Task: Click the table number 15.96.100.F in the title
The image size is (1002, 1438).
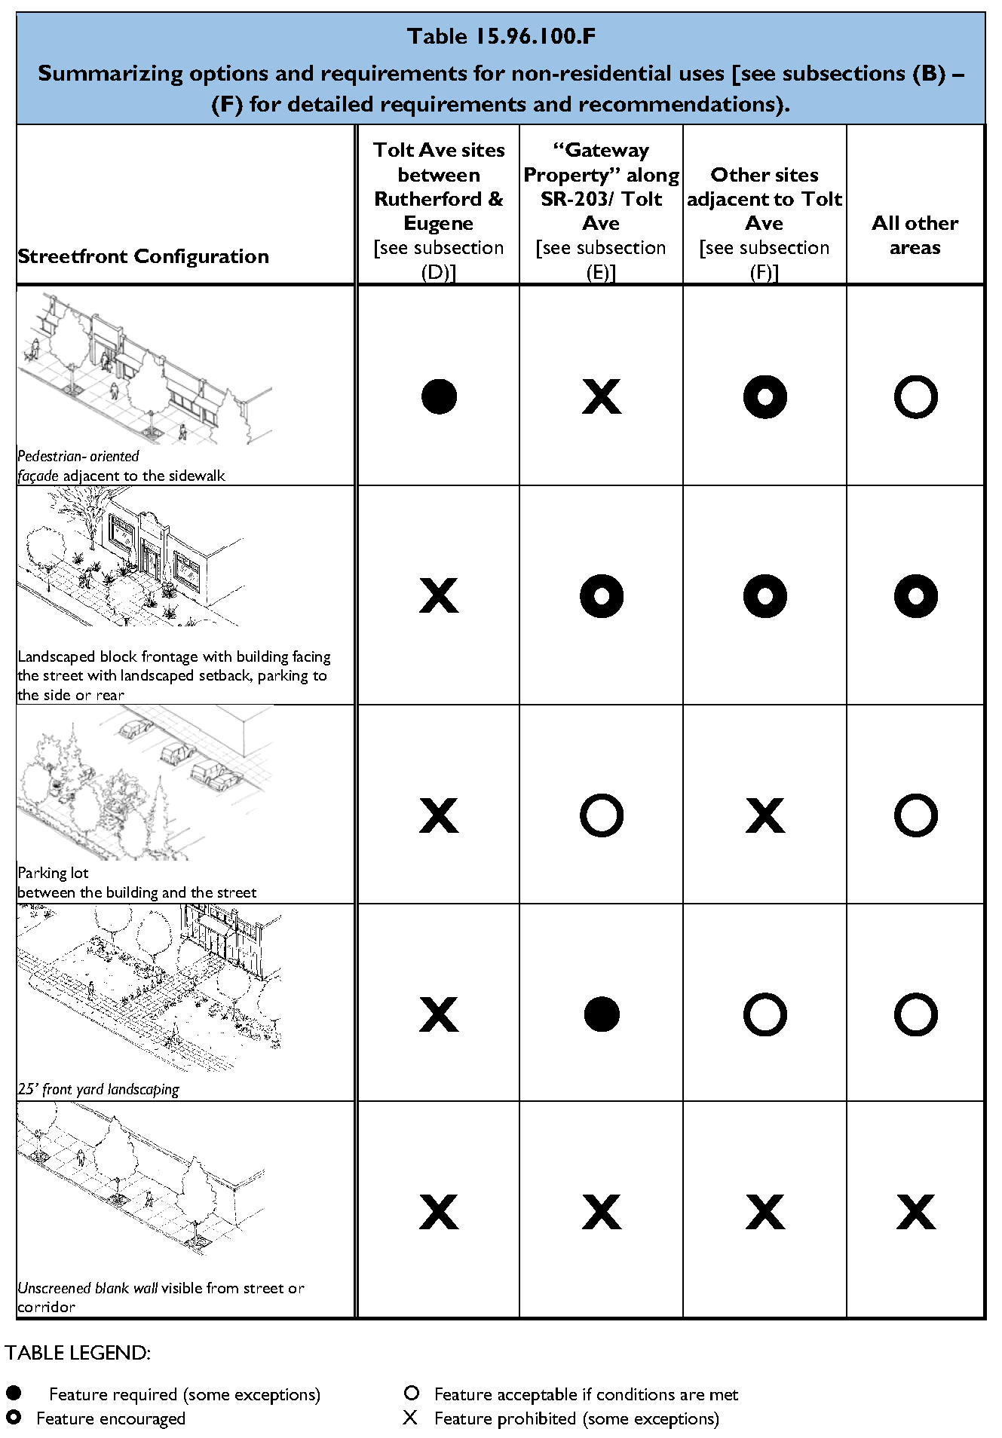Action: point(535,36)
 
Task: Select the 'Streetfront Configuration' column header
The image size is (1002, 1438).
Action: point(143,256)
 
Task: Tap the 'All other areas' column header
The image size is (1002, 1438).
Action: point(915,235)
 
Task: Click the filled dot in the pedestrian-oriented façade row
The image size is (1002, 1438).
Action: point(439,396)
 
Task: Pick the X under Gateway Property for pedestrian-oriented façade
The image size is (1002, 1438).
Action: point(602,396)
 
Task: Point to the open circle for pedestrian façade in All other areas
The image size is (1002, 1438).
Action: point(915,396)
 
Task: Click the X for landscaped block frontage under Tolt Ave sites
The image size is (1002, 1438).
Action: point(439,596)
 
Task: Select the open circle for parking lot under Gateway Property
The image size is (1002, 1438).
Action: point(602,815)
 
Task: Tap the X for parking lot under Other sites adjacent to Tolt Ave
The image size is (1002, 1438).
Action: point(765,815)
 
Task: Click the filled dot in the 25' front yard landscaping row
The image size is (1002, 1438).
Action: point(602,1014)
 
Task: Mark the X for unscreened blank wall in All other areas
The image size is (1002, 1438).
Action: point(915,1213)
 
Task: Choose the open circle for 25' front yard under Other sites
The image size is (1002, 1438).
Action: point(765,1014)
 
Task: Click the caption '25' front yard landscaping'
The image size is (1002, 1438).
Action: point(99,1089)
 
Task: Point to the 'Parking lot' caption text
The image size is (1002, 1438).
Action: point(54,873)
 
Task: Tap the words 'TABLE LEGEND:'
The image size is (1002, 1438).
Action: point(78,1353)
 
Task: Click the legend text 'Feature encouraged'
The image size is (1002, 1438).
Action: point(111,1418)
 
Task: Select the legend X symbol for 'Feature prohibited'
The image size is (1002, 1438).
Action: point(410,1418)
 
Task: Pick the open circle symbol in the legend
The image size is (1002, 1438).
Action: point(412,1393)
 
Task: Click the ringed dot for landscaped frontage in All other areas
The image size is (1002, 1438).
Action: point(915,596)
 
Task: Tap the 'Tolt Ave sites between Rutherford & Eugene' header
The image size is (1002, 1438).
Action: point(439,187)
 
